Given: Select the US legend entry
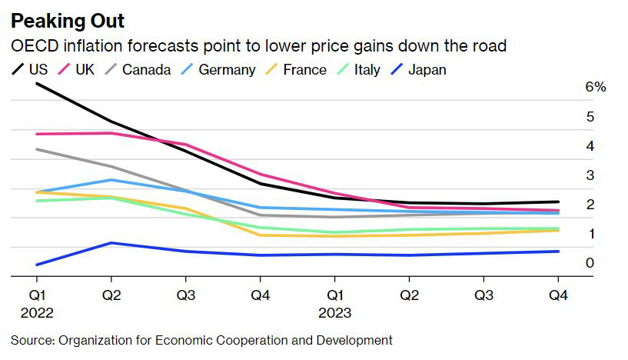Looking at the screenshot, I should point(31,69).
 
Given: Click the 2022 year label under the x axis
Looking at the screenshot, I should point(37,313).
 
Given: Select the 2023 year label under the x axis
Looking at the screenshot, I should point(334,313).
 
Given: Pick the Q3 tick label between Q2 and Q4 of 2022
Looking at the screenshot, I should point(185,295).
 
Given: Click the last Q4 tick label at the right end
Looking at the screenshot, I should point(558,295).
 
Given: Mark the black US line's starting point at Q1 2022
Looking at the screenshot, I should point(37,83).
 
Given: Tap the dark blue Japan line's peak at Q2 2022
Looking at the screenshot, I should point(111,243).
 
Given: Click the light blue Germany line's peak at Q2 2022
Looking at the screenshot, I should point(111,180).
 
